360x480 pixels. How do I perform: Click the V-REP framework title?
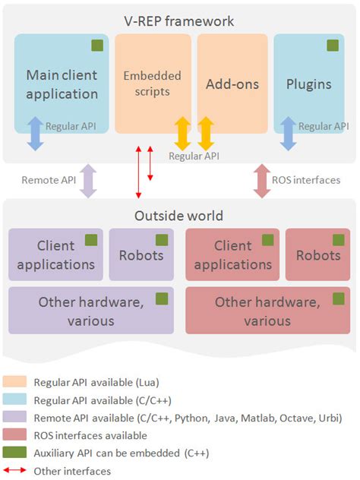[x=179, y=21]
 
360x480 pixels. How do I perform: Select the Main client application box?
[x=62, y=84]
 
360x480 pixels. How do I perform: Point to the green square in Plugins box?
[x=333, y=46]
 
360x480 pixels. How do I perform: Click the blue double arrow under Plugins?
[x=288, y=133]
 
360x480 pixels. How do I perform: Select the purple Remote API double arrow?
[x=89, y=181]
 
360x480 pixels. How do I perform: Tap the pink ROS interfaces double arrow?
[x=262, y=181]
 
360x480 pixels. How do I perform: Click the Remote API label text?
[x=49, y=181]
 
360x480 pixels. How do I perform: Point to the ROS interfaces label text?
[x=306, y=181]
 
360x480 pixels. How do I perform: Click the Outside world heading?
[x=179, y=216]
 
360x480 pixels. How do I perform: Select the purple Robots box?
[x=141, y=254]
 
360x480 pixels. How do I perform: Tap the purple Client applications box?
[x=55, y=254]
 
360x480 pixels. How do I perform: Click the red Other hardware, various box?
[x=267, y=311]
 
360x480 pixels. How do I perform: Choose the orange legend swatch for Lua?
[x=15, y=381]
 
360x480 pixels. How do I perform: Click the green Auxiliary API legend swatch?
[x=15, y=453]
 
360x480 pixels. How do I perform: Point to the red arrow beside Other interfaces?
[x=15, y=472]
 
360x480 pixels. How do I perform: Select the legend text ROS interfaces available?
[x=90, y=436]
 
